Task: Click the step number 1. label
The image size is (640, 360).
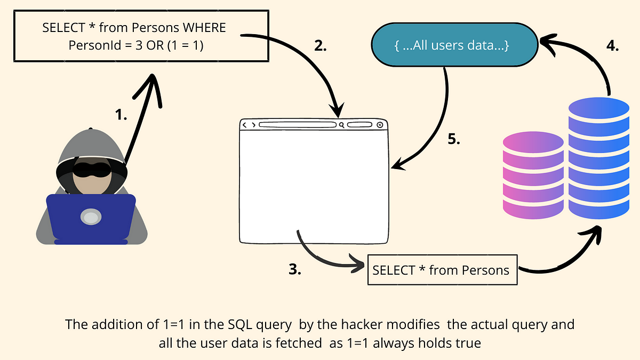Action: (121, 114)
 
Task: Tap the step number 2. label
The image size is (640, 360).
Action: (320, 46)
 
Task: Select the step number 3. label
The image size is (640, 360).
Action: (295, 269)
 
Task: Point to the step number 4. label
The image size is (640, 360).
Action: (612, 46)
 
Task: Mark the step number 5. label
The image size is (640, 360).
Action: (453, 140)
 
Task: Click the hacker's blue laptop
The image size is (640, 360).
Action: (91, 219)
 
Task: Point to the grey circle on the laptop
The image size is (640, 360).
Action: (91, 217)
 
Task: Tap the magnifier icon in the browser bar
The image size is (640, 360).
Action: (341, 125)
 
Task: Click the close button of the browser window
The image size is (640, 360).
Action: (379, 125)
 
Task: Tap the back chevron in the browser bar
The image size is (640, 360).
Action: (245, 125)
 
